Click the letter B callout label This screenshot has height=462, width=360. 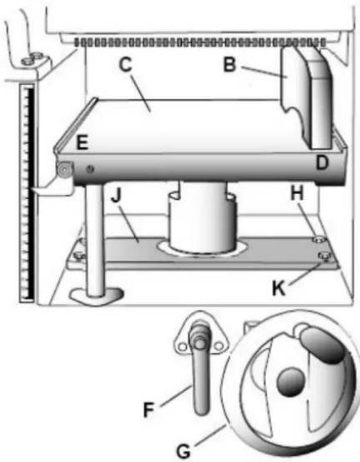pos(230,65)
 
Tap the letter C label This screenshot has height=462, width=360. pos(126,64)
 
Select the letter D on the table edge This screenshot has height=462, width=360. pos(322,162)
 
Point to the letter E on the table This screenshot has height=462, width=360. pos(82,143)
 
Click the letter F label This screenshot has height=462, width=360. pos(149,410)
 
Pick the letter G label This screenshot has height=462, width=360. pos(184,451)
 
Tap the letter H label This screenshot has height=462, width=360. pos(297,194)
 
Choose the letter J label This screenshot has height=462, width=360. pos(116,195)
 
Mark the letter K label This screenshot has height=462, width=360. pos(279,288)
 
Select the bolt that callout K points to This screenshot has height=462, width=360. pos(325,255)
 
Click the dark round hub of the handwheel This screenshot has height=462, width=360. pos(291,382)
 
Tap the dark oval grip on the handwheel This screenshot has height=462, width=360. pos(323,345)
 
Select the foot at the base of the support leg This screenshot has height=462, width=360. pos(96,296)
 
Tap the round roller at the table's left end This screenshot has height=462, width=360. pos(64,169)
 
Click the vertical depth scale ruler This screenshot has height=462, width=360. pos(27,193)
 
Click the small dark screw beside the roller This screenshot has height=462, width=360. pos(90,169)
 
